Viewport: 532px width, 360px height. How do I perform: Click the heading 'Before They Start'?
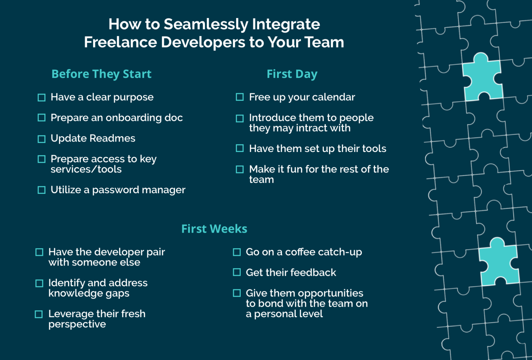pos(101,74)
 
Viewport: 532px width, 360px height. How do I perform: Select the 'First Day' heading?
pos(292,74)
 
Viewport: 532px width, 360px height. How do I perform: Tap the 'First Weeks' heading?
pos(214,229)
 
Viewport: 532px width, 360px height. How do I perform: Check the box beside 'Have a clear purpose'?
pos(42,98)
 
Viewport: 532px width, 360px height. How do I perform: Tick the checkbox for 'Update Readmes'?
pos(42,139)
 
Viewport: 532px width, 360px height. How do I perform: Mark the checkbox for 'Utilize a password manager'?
pos(42,190)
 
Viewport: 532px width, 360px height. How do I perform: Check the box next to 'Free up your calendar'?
pos(240,97)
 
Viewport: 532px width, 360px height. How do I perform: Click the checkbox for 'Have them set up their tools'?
pos(240,148)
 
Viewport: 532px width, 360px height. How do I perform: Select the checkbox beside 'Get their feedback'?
pos(237,272)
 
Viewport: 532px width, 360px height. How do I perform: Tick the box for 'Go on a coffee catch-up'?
pos(237,252)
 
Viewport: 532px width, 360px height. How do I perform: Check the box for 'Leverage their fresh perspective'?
pos(39,314)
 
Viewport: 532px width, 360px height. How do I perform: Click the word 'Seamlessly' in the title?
pos(206,24)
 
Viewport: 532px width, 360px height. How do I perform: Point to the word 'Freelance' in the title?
pos(120,42)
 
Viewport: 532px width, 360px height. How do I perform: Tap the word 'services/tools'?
pos(86,169)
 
